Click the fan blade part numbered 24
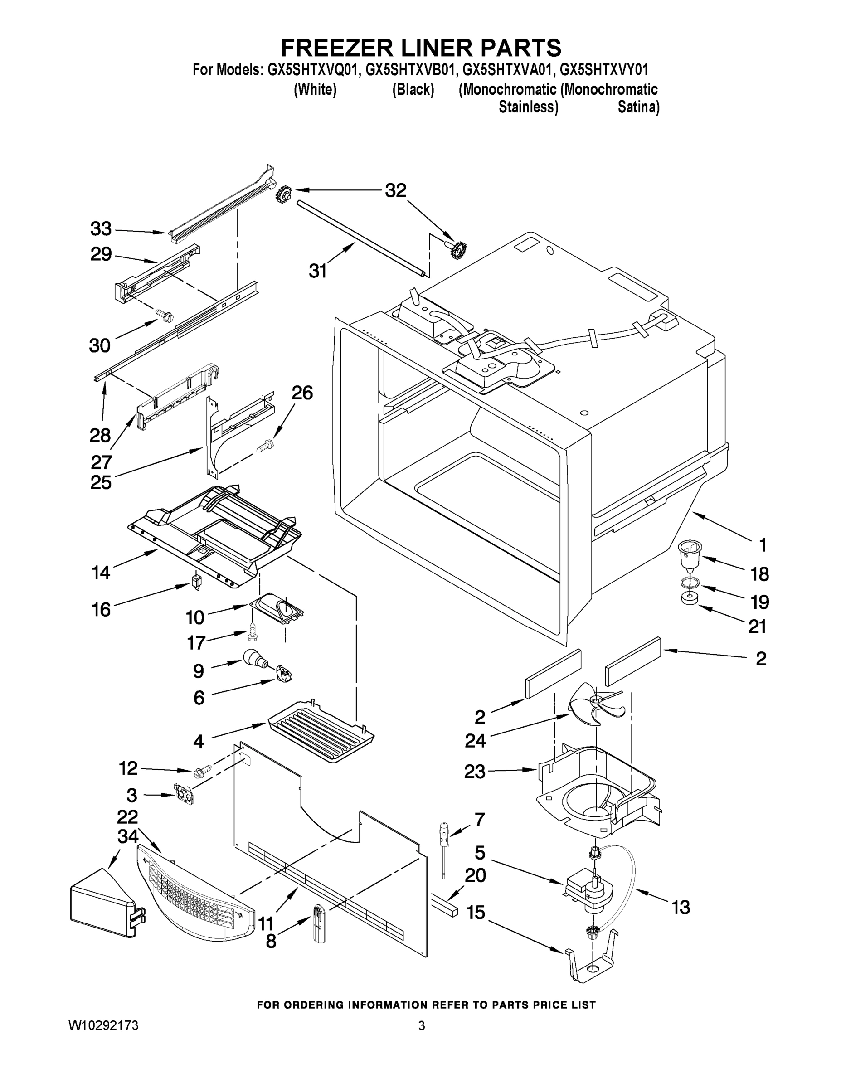click(595, 706)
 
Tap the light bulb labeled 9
click(255, 659)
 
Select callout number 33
click(101, 229)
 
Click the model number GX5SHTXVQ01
click(313, 69)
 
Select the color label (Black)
click(413, 90)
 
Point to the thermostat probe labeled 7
click(443, 847)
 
